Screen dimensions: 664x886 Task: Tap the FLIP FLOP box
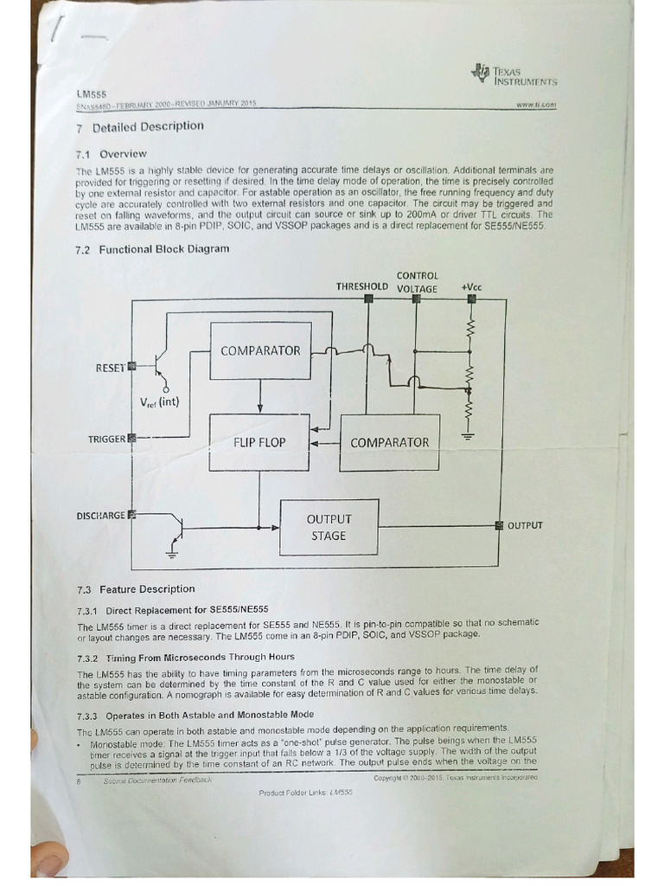[259, 442]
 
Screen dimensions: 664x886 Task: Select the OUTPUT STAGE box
[329, 527]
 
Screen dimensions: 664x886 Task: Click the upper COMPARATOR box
[260, 350]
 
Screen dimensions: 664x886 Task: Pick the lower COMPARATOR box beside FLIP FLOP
[389, 442]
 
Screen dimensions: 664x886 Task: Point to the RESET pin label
[110, 368]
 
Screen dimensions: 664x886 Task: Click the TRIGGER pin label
[107, 440]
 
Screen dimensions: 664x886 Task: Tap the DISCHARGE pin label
[101, 516]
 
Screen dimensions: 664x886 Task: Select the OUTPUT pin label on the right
[525, 525]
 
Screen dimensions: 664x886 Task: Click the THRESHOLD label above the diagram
[361, 286]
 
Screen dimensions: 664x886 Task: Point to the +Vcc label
[472, 286]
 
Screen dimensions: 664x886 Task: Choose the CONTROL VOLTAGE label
[417, 282]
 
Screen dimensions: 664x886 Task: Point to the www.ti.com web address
[535, 104]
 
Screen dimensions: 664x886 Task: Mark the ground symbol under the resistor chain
[468, 435]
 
